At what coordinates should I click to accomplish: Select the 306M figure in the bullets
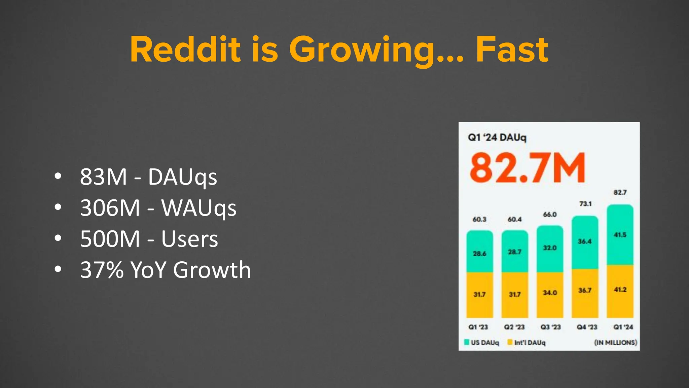point(110,208)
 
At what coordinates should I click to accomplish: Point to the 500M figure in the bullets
point(110,239)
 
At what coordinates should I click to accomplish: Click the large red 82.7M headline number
point(527,168)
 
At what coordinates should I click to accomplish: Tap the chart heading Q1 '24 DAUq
point(497,137)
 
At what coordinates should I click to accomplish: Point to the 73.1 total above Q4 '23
point(585,204)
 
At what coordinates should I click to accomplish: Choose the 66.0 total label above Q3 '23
point(550,215)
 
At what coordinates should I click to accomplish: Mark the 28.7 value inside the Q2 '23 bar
point(515,252)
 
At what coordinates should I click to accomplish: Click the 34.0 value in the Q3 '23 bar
point(550,293)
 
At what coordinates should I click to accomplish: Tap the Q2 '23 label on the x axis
point(514,327)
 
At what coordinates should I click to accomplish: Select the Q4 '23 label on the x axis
point(587,327)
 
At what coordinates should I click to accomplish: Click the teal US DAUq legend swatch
point(467,342)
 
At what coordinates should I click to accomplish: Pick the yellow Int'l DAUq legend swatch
point(510,342)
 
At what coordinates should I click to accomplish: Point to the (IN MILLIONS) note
point(615,343)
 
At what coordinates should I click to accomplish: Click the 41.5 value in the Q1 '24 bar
point(620,235)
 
